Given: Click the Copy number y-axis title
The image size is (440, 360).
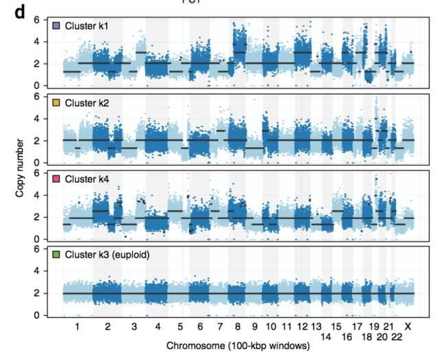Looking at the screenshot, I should pyautogui.click(x=20, y=166).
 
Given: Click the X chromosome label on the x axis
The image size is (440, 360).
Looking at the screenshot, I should pyautogui.click(x=408, y=325).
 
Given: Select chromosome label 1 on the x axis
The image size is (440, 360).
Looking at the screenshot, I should pyautogui.click(x=77, y=325).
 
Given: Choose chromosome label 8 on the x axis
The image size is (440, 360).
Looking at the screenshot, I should pyautogui.click(x=239, y=325).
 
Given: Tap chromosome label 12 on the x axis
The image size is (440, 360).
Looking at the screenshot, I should pyautogui.click(x=302, y=325).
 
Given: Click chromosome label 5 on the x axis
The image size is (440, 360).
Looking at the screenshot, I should pyautogui.click(x=180, y=325).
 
